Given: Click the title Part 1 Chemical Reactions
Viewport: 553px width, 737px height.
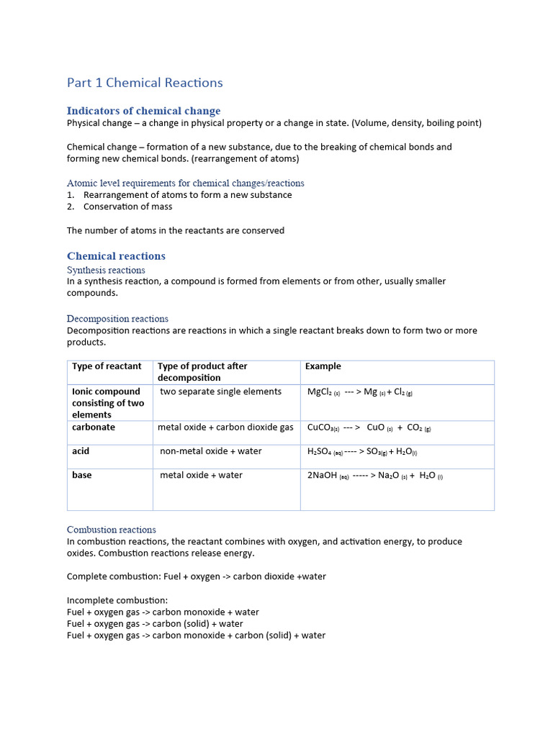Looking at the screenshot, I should click(145, 83).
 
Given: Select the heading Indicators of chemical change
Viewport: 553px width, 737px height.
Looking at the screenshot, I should click(143, 111).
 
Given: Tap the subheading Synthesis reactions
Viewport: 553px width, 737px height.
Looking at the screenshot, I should click(106, 270).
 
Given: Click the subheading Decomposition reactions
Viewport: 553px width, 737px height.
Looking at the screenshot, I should click(117, 318).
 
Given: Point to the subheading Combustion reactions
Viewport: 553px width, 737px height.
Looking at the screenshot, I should click(111, 529).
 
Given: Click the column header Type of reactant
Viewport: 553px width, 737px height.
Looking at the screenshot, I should click(107, 366).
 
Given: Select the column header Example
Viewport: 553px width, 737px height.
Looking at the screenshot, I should click(323, 366).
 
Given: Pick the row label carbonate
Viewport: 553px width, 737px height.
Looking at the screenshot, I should click(94, 428).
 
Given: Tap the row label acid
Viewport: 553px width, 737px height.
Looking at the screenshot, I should click(81, 451).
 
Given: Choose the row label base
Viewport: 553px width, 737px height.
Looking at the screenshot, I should click(82, 475).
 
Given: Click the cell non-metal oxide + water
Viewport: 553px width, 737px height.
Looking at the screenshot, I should click(210, 451).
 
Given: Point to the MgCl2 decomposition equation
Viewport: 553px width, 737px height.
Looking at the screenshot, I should click(359, 392).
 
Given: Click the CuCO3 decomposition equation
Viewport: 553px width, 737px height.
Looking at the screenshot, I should click(369, 428).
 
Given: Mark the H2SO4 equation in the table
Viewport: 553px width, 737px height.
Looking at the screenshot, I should click(361, 452).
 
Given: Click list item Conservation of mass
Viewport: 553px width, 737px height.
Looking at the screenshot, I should click(127, 207).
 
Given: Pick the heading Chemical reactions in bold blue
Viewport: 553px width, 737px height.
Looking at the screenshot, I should click(116, 256).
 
